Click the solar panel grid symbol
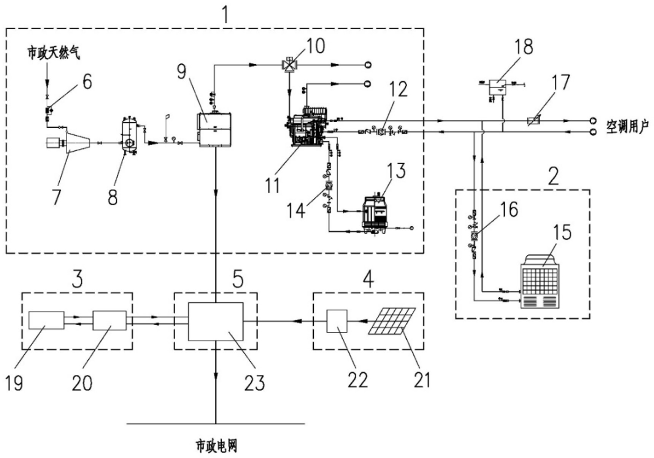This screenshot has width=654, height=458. [x=392, y=321]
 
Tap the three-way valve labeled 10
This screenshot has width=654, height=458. [x=290, y=65]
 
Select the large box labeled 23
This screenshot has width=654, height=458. [x=216, y=321]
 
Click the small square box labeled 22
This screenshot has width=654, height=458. [x=337, y=321]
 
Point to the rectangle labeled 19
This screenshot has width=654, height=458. [x=46, y=320]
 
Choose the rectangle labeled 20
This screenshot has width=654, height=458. [x=110, y=320]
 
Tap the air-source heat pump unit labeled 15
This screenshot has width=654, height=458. [x=540, y=281]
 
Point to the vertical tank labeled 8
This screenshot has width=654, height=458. [x=129, y=135]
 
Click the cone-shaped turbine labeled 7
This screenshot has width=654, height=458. [x=78, y=142]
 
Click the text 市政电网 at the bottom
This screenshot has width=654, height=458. [x=216, y=445]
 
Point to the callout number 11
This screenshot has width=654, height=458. [x=272, y=186]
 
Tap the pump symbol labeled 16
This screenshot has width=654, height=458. [x=475, y=235]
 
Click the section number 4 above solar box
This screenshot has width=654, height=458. [x=368, y=279]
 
